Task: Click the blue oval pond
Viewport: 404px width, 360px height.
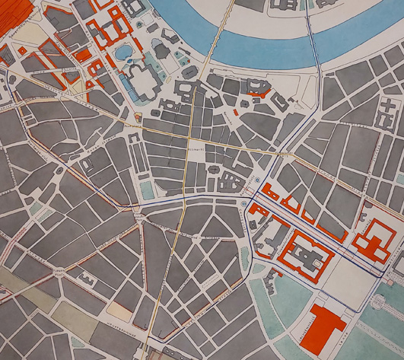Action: pyautogui.click(x=123, y=51)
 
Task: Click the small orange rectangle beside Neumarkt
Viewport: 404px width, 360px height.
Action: pyautogui.click(x=237, y=113)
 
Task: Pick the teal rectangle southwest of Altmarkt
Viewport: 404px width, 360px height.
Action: pyautogui.click(x=147, y=190)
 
